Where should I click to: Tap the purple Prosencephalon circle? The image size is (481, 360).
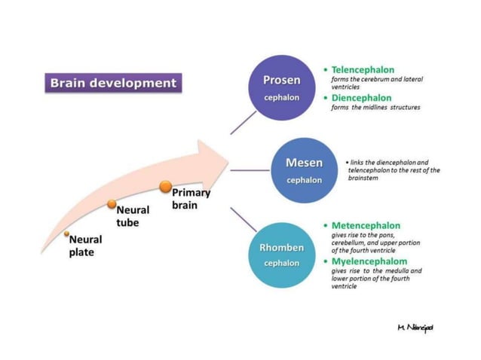click(x=281, y=87)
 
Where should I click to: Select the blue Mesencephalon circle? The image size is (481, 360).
click(x=304, y=170)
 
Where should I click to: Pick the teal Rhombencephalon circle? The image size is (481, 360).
click(x=281, y=255)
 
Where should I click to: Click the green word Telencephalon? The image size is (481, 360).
click(x=363, y=69)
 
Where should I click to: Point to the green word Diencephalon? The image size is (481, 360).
click(x=361, y=97)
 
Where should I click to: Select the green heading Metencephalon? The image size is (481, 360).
click(x=366, y=225)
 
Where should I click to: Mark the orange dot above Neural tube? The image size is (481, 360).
click(x=112, y=204)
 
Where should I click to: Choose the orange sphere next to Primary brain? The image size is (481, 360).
click(x=165, y=187)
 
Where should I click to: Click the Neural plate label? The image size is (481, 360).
click(x=85, y=246)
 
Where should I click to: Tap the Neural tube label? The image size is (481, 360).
click(x=132, y=216)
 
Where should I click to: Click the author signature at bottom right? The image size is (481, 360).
click(x=415, y=327)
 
